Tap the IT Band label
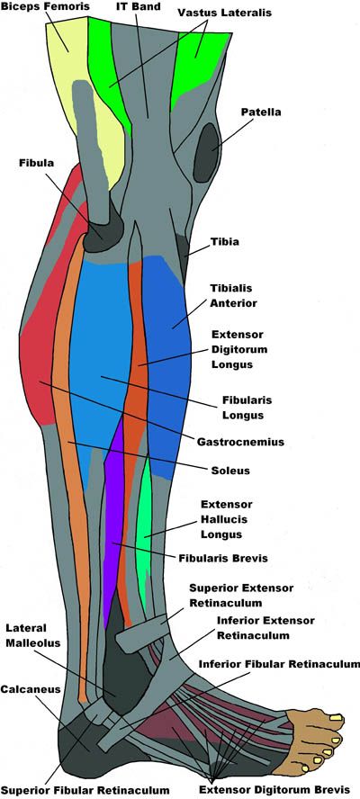click(x=139, y=8)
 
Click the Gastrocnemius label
click(x=240, y=442)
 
